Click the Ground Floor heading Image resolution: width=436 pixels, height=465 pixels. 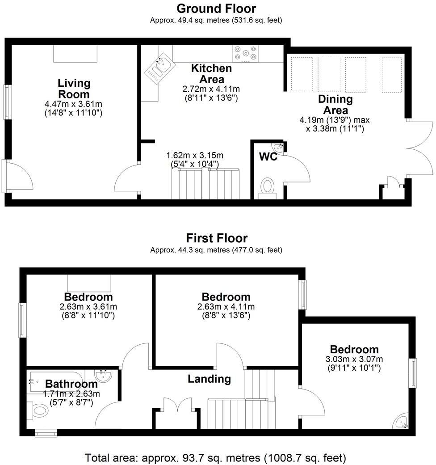[217, 8]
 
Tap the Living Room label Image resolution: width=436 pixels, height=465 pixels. [74, 89]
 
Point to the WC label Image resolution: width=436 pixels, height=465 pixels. [268, 157]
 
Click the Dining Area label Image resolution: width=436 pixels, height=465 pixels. [335, 104]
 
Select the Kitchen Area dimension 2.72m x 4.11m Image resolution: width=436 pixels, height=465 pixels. [212, 89]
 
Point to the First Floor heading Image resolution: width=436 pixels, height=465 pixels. [217, 238]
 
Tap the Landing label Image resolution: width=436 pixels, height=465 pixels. [209, 379]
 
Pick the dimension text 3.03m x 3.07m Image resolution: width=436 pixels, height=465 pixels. [354, 359]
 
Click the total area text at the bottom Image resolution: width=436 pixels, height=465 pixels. [216, 457]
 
